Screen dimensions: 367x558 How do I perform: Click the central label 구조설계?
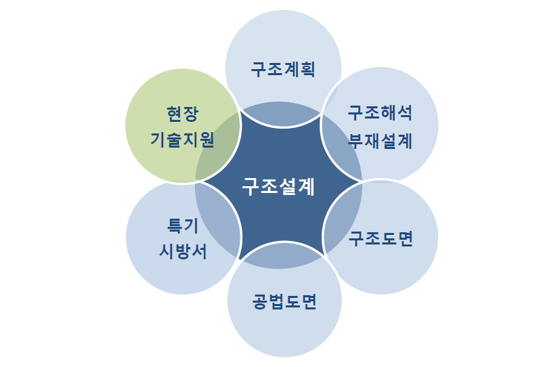click(x=278, y=186)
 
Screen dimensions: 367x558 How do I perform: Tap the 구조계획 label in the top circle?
click(x=282, y=70)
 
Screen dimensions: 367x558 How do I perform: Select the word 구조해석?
click(x=380, y=112)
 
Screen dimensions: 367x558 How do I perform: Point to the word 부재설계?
click(x=380, y=141)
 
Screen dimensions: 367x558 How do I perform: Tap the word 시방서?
click(x=183, y=251)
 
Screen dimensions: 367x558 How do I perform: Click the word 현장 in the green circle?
click(x=183, y=112)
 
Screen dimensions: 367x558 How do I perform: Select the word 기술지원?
click(x=183, y=140)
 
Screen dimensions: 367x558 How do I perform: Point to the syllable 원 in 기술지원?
click(x=207, y=140)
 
